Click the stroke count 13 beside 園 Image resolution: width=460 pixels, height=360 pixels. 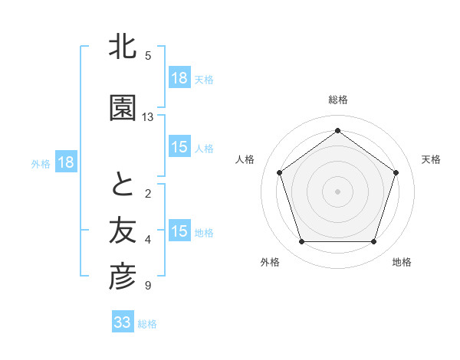[x=148, y=117]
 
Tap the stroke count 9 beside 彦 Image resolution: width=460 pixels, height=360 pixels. [x=148, y=286]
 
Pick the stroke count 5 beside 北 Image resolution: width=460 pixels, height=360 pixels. [x=148, y=55]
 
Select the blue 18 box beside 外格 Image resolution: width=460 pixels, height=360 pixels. [x=65, y=162]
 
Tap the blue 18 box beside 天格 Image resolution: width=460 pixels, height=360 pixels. [x=179, y=78]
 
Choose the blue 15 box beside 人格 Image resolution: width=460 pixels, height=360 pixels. [x=179, y=147]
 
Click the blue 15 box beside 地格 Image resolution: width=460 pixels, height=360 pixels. [x=179, y=231]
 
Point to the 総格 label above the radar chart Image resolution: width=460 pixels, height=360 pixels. [x=337, y=100]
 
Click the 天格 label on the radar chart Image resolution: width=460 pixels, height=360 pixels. [x=431, y=159]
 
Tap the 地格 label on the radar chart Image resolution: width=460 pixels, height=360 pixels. [x=402, y=262]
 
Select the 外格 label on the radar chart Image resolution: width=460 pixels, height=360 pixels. [x=270, y=262]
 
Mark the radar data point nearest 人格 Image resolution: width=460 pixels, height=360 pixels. [x=279, y=172]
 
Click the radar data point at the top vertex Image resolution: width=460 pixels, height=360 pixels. [x=337, y=130]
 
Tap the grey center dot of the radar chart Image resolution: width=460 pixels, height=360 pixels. [x=337, y=191]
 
